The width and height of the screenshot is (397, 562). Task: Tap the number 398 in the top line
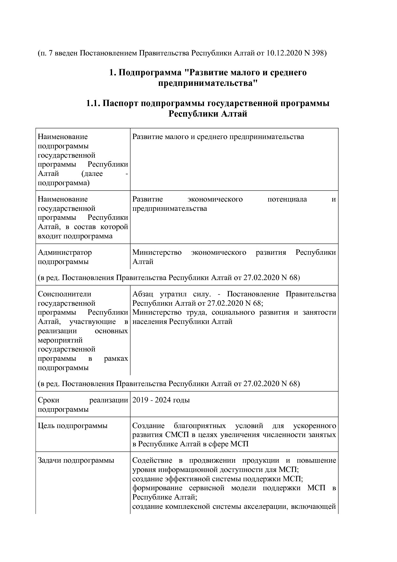pyautogui.click(x=318, y=53)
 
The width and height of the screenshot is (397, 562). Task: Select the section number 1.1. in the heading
pyautogui.click(x=93, y=103)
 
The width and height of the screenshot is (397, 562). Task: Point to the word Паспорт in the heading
pyautogui.click(x=121, y=103)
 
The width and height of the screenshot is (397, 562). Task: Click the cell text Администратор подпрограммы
pyautogui.click(x=65, y=257)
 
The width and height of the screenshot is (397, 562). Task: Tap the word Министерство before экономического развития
pyautogui.click(x=157, y=252)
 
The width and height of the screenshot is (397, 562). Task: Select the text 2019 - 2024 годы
pyautogui.click(x=161, y=400)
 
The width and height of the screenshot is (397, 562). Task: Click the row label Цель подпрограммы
pyautogui.click(x=73, y=426)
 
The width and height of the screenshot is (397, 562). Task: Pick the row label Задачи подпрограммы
pyautogui.click(x=76, y=460)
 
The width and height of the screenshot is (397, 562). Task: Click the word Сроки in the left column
pyautogui.click(x=48, y=400)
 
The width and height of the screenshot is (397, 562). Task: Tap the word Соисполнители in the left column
pyautogui.click(x=64, y=294)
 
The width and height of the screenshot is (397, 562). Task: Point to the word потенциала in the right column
pyautogui.click(x=287, y=199)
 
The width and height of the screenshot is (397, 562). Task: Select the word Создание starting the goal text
pyautogui.click(x=148, y=426)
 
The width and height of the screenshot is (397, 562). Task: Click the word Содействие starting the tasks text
pyautogui.click(x=152, y=460)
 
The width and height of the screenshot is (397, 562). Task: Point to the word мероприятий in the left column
pyautogui.click(x=60, y=340)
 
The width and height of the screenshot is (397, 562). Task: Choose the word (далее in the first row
pyautogui.click(x=92, y=174)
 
